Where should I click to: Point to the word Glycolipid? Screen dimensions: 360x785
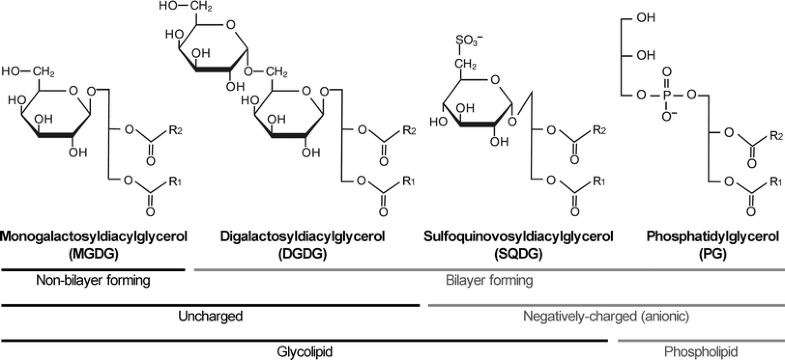(305, 352)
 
